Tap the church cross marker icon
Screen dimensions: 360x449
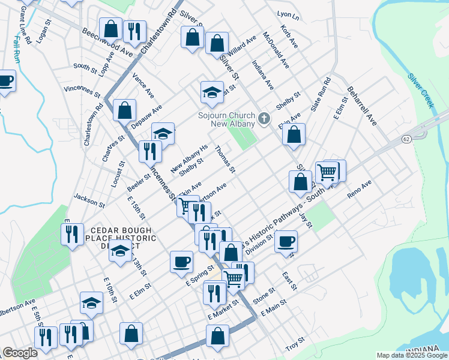[264, 119]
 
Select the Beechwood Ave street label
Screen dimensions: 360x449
[107, 41]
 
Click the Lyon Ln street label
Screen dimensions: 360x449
[288, 14]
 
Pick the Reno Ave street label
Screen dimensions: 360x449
[360, 193]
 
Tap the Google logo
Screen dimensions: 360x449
[20, 353]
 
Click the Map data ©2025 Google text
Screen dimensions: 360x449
[411, 355]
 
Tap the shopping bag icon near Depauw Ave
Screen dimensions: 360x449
[124, 110]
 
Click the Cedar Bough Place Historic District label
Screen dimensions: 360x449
[123, 238]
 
